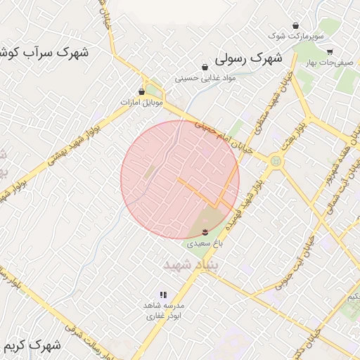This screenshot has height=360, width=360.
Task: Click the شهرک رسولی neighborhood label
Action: (x=248, y=58)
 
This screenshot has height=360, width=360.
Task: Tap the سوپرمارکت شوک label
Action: (x=299, y=35)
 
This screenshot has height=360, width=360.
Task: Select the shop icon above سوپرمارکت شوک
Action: (x=296, y=25)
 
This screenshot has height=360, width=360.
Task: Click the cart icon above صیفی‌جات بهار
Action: (x=330, y=51)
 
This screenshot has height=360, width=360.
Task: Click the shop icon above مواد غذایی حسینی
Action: (x=205, y=67)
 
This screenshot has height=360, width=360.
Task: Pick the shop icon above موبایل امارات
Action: (x=142, y=91)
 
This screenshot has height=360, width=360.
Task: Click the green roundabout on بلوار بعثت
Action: (x=274, y=162)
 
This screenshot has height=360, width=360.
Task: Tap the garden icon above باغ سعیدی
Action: (x=205, y=232)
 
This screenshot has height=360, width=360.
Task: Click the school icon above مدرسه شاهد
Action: (x=163, y=295)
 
